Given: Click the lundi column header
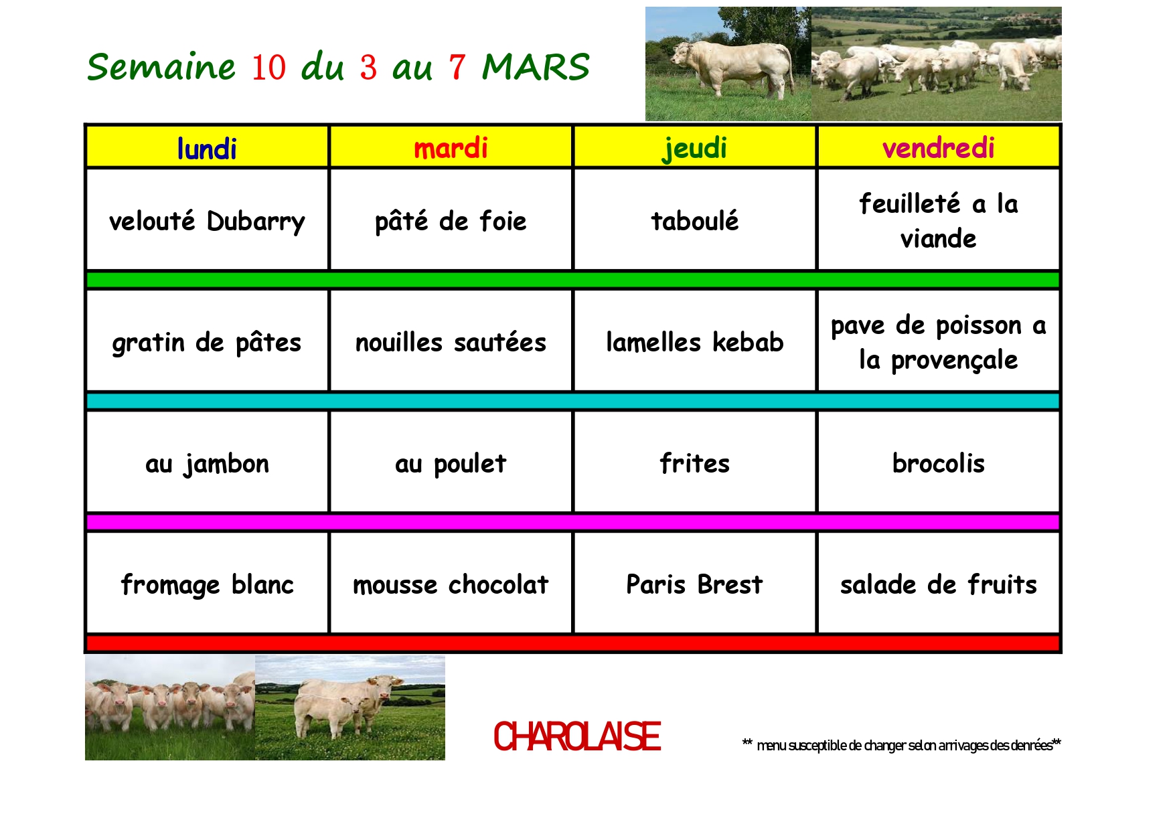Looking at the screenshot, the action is pos(207,148).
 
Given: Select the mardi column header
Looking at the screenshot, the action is pos(451,148).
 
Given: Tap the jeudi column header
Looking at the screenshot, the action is pos(694,148).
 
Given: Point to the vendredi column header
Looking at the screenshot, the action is pos(938,148).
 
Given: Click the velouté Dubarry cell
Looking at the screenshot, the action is pos(207,220).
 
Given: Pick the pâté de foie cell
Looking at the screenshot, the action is pos(451,220).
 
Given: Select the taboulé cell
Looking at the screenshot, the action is pos(694,220).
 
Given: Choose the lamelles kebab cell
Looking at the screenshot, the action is pos(694,341).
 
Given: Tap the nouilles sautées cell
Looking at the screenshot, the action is pos(451,341).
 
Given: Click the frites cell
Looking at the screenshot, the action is pos(694,463).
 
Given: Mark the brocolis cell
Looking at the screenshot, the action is pos(938,463).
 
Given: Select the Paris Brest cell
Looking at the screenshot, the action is pos(694,584).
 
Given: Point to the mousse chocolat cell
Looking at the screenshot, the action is pos(451,584).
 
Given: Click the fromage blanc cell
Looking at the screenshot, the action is pos(207,584).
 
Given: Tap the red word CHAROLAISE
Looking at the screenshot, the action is pos(577,736).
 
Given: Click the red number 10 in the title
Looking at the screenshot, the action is pos(268,68).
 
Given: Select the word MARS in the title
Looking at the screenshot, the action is pos(536,67).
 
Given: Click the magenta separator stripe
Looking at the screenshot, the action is pos(573,522).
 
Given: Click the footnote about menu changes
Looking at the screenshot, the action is pos(901,745).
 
